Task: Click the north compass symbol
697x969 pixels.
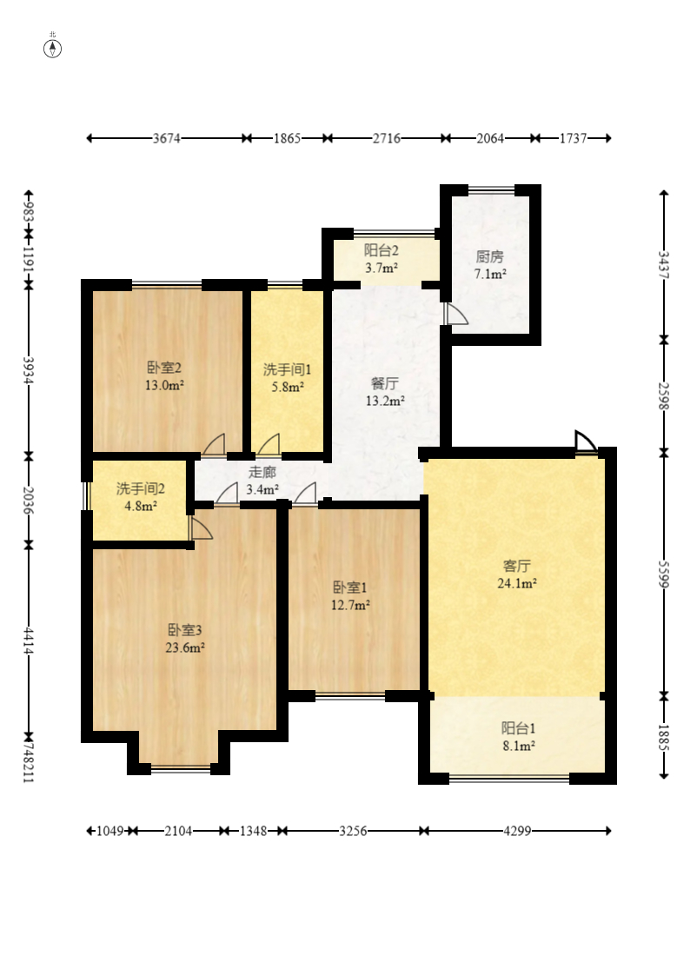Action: [52, 48]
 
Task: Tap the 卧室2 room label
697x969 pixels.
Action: [163, 368]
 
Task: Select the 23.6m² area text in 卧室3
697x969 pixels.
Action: [185, 647]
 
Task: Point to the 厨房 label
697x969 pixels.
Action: [489, 256]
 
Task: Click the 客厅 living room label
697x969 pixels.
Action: [516, 566]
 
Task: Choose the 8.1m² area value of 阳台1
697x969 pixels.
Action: [519, 746]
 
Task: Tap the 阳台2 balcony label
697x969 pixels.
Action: [381, 250]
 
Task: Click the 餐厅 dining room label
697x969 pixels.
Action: [384, 383]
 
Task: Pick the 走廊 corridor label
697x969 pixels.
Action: [262, 473]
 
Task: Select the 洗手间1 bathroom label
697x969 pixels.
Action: [288, 369]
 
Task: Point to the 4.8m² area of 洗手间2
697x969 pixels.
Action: [140, 506]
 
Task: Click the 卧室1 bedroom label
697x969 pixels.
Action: [349, 587]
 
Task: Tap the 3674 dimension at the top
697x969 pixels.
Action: [167, 138]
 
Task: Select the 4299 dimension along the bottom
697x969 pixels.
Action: [517, 831]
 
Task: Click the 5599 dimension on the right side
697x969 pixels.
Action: [664, 574]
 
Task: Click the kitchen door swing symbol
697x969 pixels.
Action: [455, 314]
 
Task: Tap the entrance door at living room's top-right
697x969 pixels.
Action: [586, 442]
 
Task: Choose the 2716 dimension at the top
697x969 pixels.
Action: [386, 138]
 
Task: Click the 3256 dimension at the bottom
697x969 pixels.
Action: [353, 831]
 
